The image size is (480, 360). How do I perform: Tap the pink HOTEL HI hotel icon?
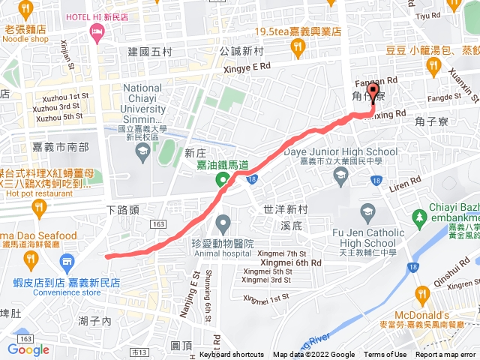click(96, 31)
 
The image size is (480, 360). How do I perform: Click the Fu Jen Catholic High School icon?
click(367, 213)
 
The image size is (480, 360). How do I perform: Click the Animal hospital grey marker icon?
click(223, 223)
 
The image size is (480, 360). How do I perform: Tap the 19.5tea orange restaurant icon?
click(298, 48)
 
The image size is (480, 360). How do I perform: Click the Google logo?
click(28, 349)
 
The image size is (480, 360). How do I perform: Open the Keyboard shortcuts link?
click(232, 355)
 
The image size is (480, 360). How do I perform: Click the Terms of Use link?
click(385, 355)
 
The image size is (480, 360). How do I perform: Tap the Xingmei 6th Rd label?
click(289, 262)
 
